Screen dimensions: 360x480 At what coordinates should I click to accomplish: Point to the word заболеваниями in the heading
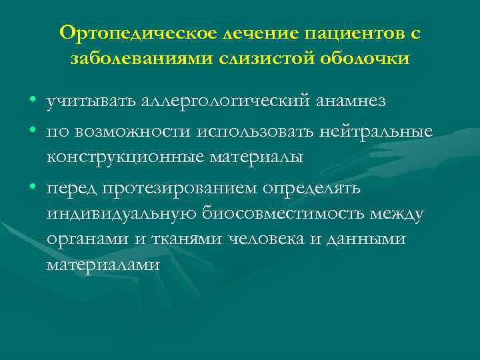tap(141, 58)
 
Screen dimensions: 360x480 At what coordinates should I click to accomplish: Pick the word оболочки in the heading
tap(361, 58)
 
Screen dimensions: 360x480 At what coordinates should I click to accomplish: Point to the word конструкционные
tap(126, 157)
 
